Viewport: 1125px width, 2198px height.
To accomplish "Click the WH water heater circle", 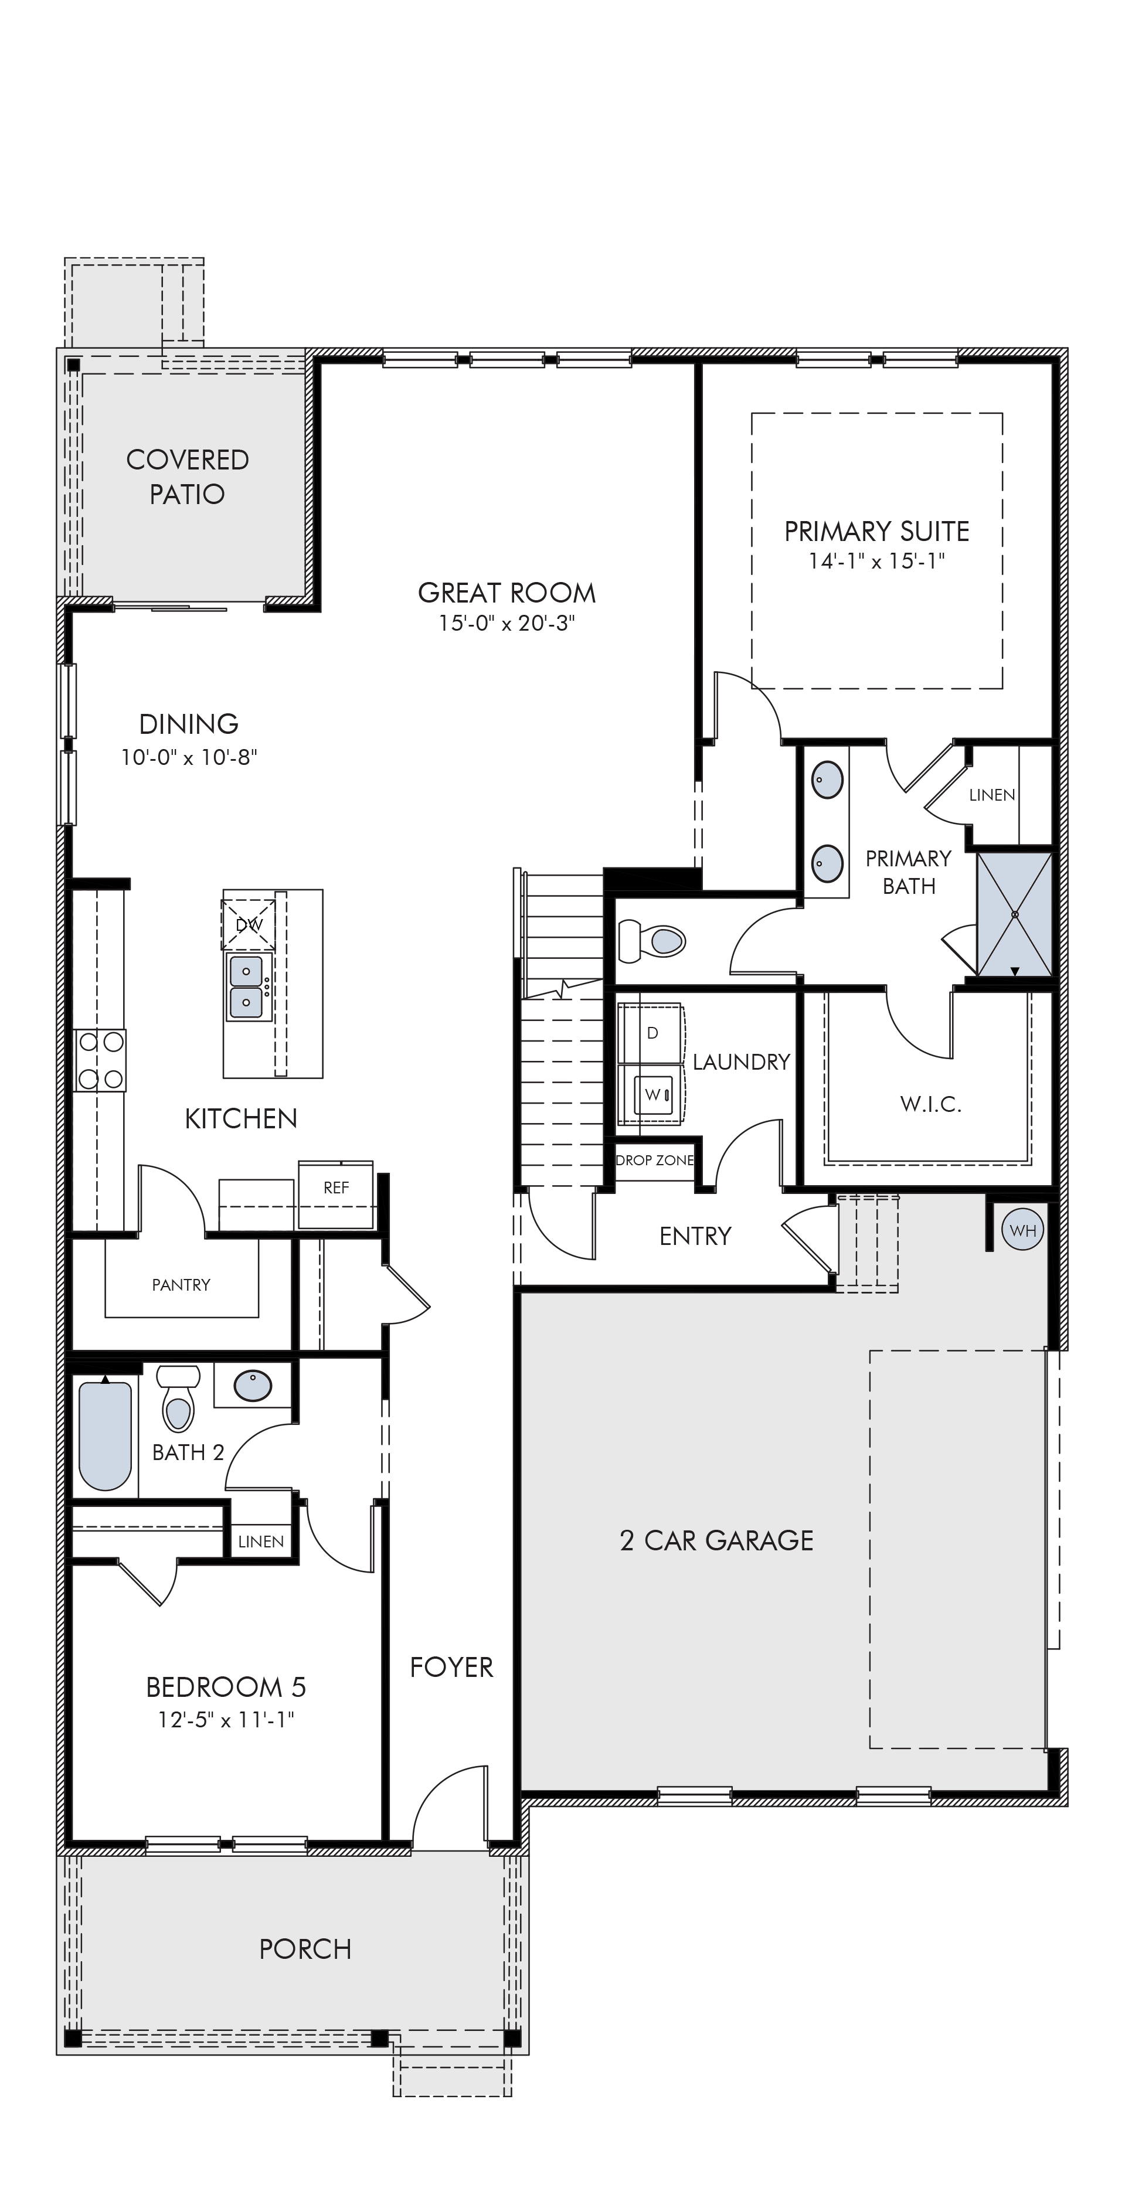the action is click(x=1022, y=1230).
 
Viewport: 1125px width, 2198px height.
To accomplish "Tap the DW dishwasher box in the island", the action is click(x=249, y=924).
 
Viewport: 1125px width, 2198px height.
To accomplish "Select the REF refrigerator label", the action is click(x=337, y=1188).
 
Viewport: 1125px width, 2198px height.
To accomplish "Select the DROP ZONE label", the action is click(x=655, y=1161).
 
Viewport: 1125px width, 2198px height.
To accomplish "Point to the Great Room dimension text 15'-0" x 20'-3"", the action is click(x=507, y=624).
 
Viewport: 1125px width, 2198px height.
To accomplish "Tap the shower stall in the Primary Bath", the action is click(x=1014, y=914).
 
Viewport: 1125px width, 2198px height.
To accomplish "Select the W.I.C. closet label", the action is click(x=930, y=1105).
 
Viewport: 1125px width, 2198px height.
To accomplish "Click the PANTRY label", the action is click(x=181, y=1285).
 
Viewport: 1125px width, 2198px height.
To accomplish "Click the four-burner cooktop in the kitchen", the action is click(x=100, y=1060).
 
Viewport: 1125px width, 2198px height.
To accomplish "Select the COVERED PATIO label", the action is click(x=188, y=476).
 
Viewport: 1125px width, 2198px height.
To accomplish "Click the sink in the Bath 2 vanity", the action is click(x=253, y=1385).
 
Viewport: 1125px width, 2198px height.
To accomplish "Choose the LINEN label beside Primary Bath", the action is click(x=992, y=795).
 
